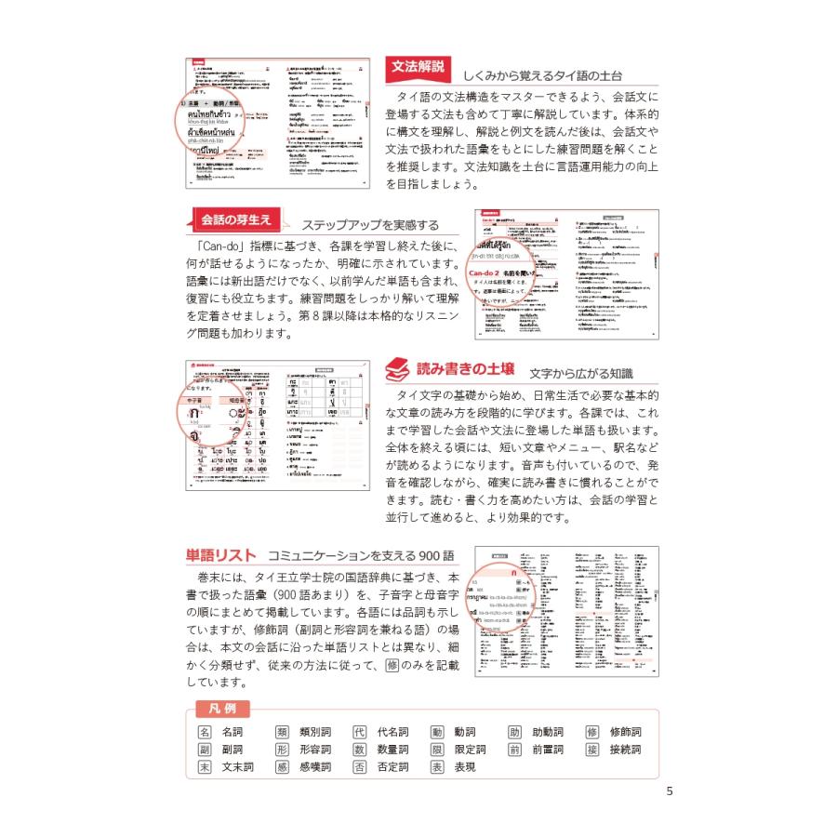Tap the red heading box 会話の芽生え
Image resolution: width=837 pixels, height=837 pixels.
236,219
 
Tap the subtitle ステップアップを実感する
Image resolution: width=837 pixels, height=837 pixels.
370,225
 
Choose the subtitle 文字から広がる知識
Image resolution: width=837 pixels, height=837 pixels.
580,373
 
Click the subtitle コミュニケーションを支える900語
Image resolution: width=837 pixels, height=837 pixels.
361,556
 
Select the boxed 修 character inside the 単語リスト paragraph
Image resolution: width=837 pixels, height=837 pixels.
391,665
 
